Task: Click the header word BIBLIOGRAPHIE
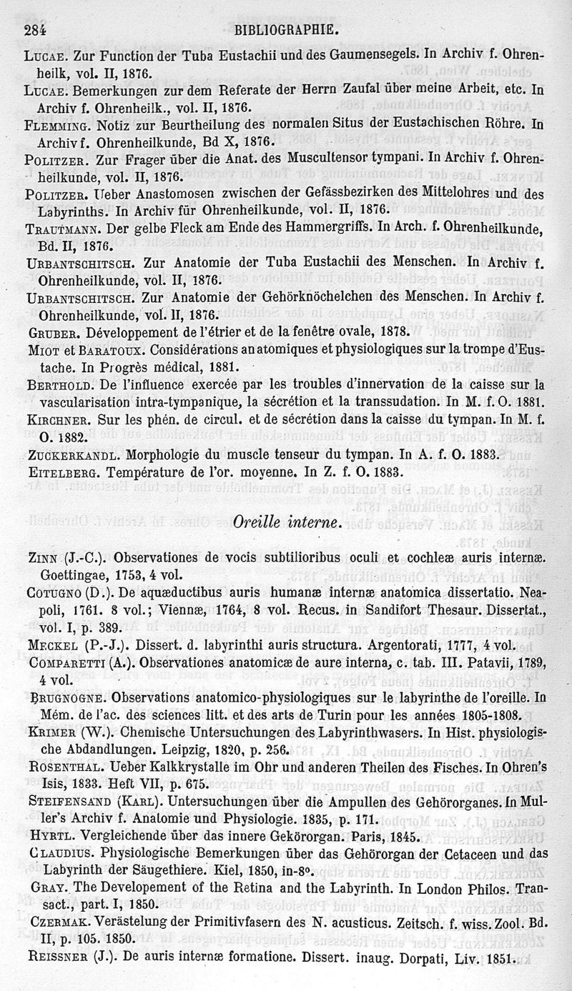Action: [286, 31]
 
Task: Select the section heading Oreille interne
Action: [285, 523]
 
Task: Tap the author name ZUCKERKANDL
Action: [69, 454]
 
